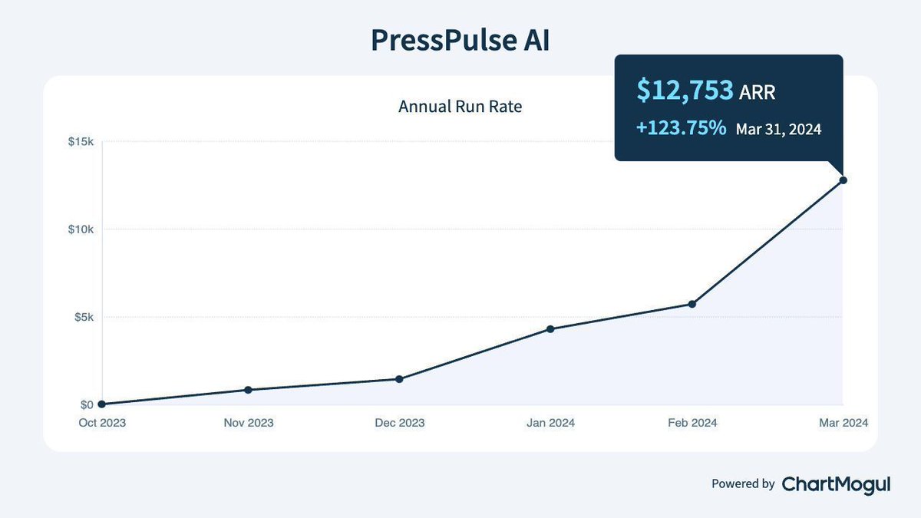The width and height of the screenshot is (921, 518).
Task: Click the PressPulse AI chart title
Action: [460, 41]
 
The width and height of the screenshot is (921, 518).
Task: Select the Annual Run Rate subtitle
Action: [460, 107]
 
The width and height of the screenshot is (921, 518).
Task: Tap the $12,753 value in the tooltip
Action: [685, 91]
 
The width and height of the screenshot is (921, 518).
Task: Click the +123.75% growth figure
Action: [681, 128]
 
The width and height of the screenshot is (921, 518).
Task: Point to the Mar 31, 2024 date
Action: [778, 129]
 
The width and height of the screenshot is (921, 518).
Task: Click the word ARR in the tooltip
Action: [758, 93]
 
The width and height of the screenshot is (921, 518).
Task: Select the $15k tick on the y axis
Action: [81, 142]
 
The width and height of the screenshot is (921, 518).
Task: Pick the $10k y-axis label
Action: [81, 229]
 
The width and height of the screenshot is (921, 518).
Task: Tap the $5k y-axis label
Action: [83, 317]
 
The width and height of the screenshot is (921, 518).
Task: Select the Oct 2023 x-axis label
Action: [101, 423]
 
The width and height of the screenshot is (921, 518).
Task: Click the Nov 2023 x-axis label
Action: [248, 423]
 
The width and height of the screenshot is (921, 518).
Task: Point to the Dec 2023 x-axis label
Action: [399, 423]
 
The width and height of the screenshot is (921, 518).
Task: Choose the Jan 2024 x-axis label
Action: [550, 423]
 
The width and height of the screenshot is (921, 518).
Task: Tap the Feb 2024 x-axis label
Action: [692, 423]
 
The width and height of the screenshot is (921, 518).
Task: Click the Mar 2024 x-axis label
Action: [842, 423]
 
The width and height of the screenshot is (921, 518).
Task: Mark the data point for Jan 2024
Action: [550, 329]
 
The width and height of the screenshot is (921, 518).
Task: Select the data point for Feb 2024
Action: [692, 304]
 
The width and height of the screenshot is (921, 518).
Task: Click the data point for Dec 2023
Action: [399, 379]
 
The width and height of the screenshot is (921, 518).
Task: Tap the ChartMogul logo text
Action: [836, 483]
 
